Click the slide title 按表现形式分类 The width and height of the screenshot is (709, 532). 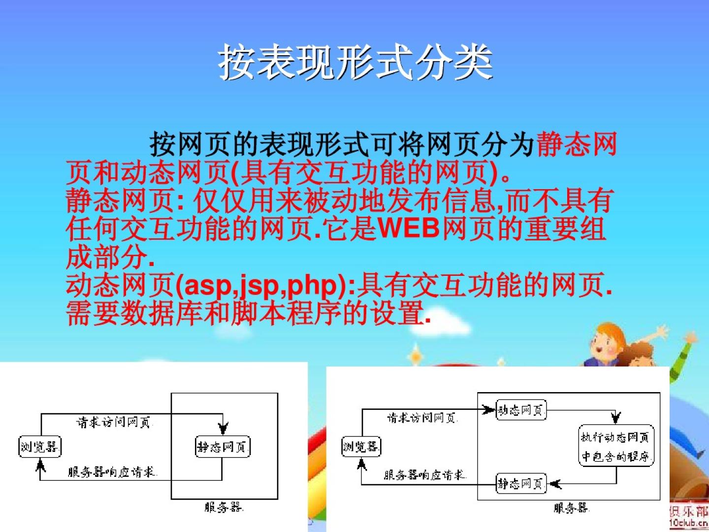[x=355, y=62]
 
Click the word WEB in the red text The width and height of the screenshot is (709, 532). [x=409, y=229]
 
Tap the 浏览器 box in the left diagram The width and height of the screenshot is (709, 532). [x=40, y=447]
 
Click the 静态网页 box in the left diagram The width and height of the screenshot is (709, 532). [x=223, y=447]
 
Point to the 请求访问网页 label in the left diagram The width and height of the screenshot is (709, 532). [x=114, y=422]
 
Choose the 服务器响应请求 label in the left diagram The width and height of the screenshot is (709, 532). [x=113, y=472]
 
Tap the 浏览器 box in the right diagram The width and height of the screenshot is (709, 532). [x=361, y=446]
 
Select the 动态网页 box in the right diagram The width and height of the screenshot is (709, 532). [x=521, y=410]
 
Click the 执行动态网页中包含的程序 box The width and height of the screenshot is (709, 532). [x=616, y=446]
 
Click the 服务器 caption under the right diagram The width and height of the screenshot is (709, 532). [x=572, y=508]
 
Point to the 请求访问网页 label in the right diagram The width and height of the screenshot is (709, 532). [x=422, y=418]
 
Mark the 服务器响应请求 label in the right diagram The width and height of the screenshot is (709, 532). [x=424, y=475]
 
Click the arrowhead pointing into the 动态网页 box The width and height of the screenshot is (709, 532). [x=488, y=409]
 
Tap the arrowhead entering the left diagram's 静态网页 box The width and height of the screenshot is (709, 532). [x=223, y=429]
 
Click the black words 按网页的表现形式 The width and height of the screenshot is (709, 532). [x=258, y=144]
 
